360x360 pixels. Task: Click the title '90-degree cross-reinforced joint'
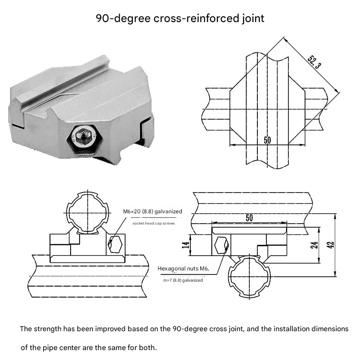180,18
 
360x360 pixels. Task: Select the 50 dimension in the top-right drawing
267,140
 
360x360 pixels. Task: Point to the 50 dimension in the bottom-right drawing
249,218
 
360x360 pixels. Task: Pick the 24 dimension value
314,245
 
